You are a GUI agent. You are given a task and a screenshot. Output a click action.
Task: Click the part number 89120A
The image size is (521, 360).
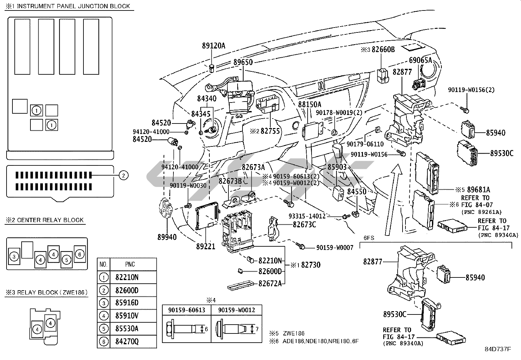click(x=213, y=46)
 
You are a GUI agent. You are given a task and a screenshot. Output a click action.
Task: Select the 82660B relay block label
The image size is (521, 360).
click(x=383, y=50)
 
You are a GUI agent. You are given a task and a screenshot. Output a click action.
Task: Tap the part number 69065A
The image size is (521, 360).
click(x=421, y=60)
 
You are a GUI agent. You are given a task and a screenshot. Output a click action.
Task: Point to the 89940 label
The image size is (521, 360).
click(x=167, y=237)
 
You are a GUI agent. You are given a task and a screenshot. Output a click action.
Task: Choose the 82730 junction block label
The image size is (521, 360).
click(x=311, y=264)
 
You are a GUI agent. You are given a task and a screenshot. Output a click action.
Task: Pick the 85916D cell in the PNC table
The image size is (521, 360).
click(x=127, y=302)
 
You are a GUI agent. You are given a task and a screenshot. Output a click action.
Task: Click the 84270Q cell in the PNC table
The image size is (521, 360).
click(x=127, y=342)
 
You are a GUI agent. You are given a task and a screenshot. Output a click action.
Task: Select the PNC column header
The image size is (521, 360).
click(x=130, y=264)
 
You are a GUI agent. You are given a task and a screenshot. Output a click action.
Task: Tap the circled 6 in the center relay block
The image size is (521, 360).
click(x=80, y=254)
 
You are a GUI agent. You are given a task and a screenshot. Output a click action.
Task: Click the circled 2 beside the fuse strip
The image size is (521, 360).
click(x=123, y=176)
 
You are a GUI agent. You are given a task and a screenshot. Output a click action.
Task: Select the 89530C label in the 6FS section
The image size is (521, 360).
click(x=395, y=314)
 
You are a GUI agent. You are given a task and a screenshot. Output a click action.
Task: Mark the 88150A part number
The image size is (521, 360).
click(x=310, y=104)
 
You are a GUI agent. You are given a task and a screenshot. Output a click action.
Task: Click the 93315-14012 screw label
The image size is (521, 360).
click(x=307, y=216)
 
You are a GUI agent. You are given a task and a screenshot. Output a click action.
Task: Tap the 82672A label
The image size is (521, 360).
click(x=270, y=283)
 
